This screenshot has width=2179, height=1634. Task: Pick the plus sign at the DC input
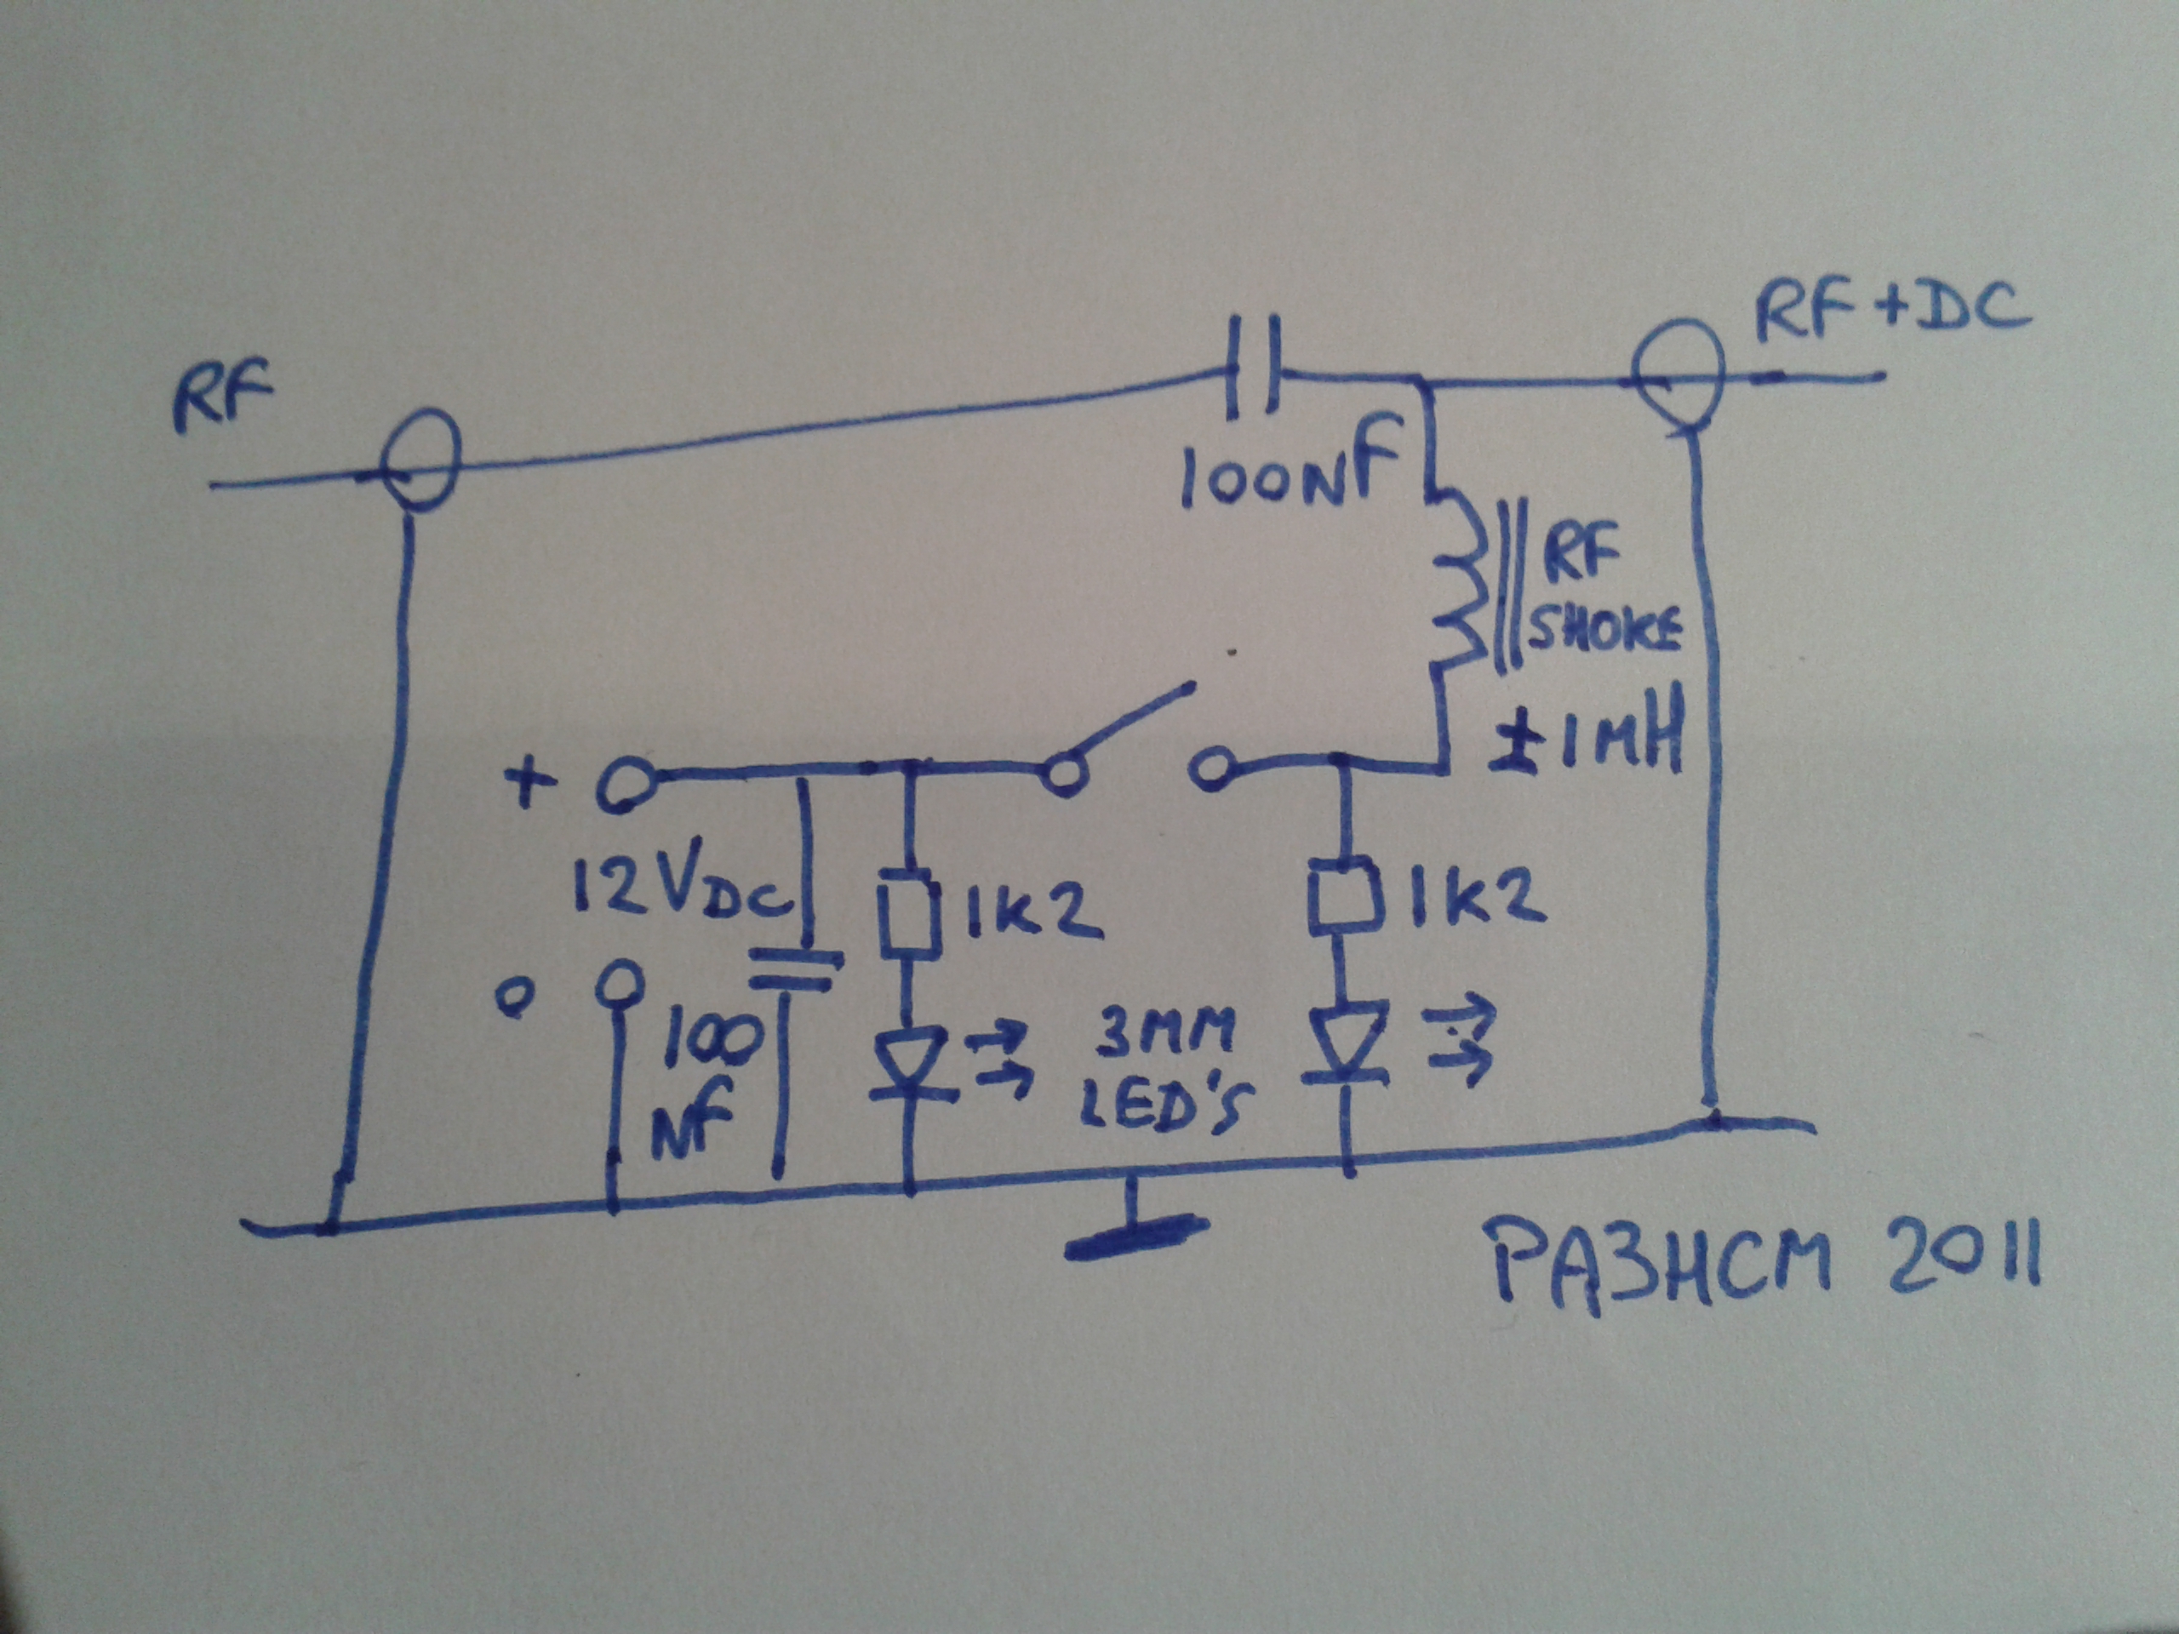(x=531, y=785)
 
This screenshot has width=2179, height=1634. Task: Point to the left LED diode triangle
(x=906, y=1064)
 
